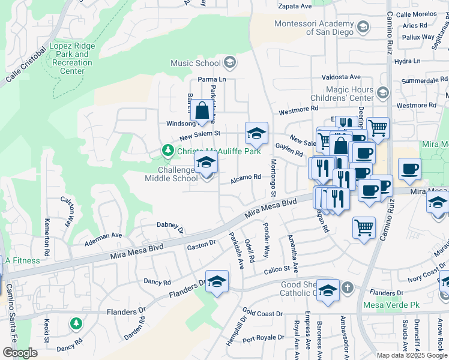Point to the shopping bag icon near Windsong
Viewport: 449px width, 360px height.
click(x=203, y=110)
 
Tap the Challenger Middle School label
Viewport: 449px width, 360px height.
click(x=170, y=174)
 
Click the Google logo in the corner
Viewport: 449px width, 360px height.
click(x=20, y=353)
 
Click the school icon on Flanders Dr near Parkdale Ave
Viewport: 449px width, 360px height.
click(x=217, y=281)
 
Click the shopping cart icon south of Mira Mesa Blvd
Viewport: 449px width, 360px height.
click(x=364, y=228)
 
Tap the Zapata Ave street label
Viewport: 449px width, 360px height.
click(x=295, y=6)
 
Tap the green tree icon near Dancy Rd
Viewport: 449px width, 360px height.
click(x=76, y=324)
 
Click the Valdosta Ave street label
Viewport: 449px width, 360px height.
click(x=341, y=77)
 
